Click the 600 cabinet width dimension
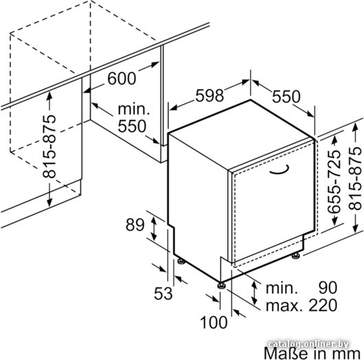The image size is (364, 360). [x=122, y=78]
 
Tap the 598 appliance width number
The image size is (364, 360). [x=209, y=95]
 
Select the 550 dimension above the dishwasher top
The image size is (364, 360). [x=286, y=97]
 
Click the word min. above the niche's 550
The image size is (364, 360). [x=134, y=109]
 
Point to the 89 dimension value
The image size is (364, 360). [x=135, y=225]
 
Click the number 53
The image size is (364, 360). [x=163, y=293]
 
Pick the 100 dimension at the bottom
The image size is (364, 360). [x=214, y=322]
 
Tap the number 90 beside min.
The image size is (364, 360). [x=328, y=288]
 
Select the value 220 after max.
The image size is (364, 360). [x=323, y=305]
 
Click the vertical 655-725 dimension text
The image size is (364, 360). [x=334, y=182]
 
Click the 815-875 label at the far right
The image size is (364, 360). [x=355, y=179]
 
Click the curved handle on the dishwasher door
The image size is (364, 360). [x=280, y=170]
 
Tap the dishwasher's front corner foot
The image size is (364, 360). [x=221, y=285]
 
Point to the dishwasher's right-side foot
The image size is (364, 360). [x=296, y=255]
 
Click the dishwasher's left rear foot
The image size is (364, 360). [x=181, y=261]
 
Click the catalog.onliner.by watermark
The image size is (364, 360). [x=308, y=344]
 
